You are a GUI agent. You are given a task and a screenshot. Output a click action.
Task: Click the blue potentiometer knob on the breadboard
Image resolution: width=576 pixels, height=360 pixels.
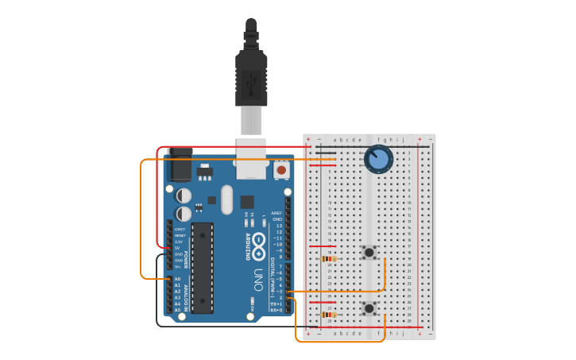coord(378,160)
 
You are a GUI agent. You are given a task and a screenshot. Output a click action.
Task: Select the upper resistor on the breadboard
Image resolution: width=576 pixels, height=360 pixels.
coord(327,258)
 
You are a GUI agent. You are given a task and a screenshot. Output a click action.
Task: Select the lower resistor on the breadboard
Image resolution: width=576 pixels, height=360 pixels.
coord(327,314)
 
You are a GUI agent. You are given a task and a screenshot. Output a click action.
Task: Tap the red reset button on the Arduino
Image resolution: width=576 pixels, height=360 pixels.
coord(280,170)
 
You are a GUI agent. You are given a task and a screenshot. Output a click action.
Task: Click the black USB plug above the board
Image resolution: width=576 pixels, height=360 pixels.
coord(251,75)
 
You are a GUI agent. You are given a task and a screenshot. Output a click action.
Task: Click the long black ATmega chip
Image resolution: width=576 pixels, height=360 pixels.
coord(202,268)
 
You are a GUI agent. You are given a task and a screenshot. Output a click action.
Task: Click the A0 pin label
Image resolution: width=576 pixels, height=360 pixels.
coord(177,279)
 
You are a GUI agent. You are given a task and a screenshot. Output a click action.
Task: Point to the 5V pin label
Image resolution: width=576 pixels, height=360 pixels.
coord(178,248)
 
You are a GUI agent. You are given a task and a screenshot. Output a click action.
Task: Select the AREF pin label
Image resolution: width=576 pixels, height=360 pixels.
coord(276,213)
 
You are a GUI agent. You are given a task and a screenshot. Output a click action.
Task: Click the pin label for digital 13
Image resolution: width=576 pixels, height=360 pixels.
coord(279,226)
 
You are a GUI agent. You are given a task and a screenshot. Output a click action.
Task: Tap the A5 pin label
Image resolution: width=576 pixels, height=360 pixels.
coord(177,310)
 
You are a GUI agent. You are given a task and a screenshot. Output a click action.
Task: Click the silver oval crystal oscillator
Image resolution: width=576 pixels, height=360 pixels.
coord(226,199)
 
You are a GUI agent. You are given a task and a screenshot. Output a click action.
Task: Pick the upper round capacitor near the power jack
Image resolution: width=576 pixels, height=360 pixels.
coord(184,195)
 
